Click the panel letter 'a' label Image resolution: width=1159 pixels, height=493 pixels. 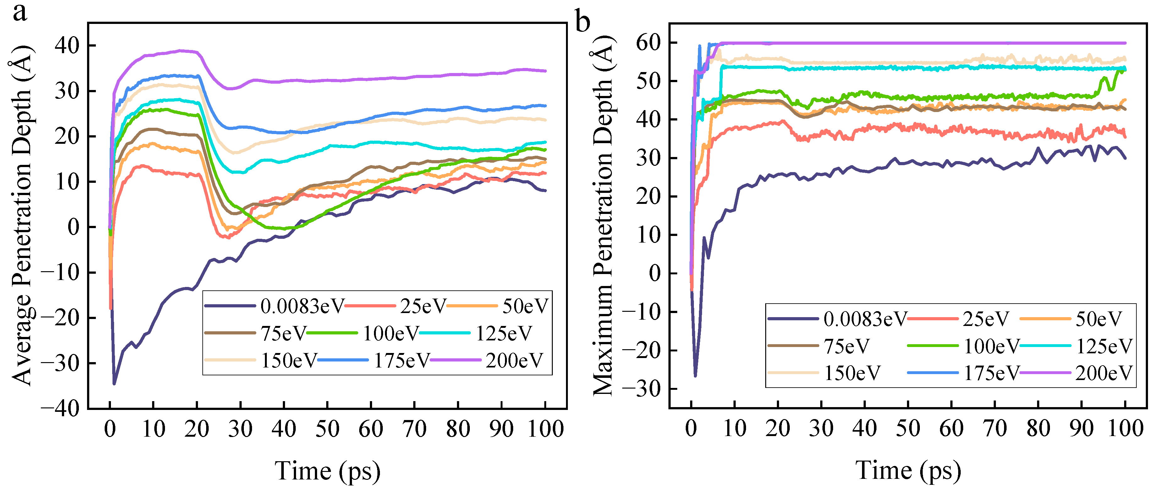19,12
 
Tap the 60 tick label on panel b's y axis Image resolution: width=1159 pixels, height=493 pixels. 648,43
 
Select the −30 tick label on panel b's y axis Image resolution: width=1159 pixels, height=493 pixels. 641,389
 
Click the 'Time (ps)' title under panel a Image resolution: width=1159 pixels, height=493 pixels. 327,471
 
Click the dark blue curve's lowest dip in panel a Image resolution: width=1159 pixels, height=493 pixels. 114,383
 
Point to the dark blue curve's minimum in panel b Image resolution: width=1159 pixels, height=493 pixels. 695,375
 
